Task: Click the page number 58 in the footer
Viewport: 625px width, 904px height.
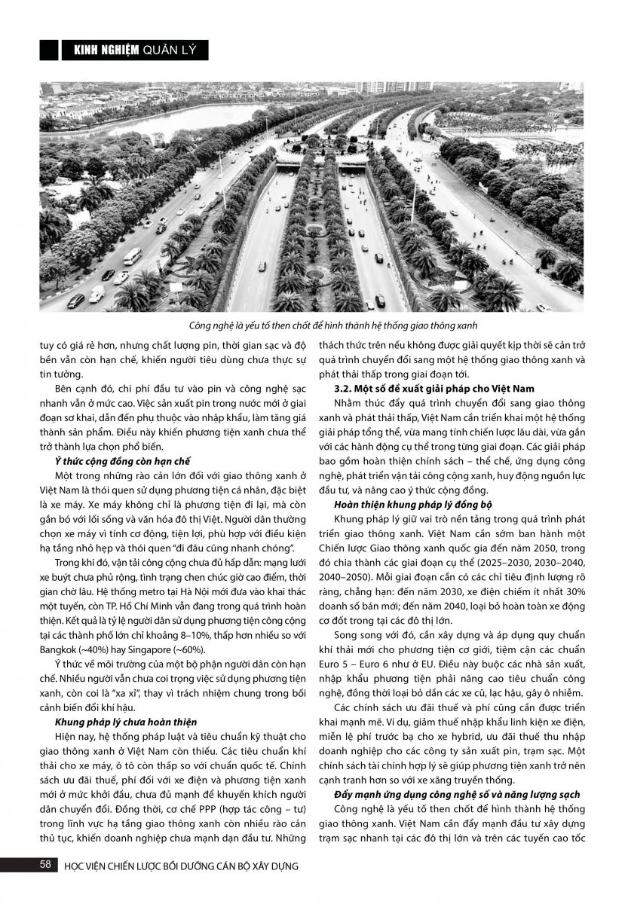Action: [46, 864]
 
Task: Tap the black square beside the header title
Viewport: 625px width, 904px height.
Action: [49, 50]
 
